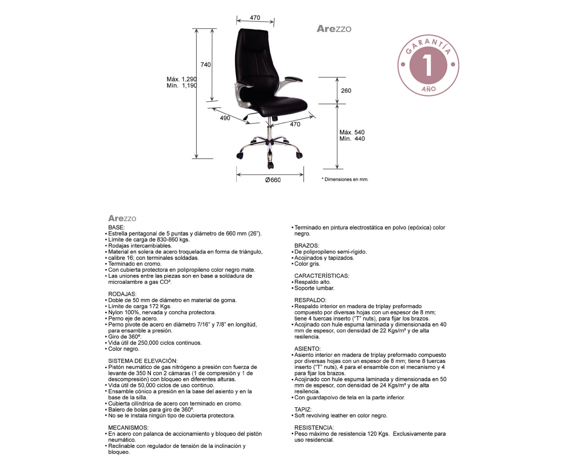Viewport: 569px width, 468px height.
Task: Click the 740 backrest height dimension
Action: pyautogui.click(x=205, y=65)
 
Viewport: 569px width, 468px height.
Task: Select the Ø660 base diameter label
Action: pyautogui.click(x=273, y=180)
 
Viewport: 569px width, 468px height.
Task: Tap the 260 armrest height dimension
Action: pyautogui.click(x=346, y=91)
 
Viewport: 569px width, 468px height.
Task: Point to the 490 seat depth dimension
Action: pyautogui.click(x=225, y=118)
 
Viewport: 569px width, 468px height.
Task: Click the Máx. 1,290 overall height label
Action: pyautogui.click(x=181, y=79)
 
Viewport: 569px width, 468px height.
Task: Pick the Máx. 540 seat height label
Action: pyautogui.click(x=352, y=132)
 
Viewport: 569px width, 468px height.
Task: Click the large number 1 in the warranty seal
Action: pyautogui.click(x=428, y=65)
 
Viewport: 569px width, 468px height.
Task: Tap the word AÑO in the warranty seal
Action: pyautogui.click(x=429, y=89)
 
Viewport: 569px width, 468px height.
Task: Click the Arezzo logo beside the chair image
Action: pyautogui.click(x=334, y=29)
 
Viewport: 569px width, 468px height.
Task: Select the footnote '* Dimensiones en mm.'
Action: pyautogui.click(x=345, y=179)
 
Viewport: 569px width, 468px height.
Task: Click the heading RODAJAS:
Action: pyautogui.click(x=122, y=294)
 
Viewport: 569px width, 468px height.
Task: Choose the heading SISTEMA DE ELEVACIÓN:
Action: pyautogui.click(x=143, y=361)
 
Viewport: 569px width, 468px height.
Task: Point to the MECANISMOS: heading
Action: pyautogui.click(x=128, y=428)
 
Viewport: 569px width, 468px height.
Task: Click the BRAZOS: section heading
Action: pyautogui.click(x=306, y=246)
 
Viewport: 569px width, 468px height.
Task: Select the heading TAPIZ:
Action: pyautogui.click(x=303, y=410)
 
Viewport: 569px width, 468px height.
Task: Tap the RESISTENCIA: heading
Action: pyautogui.click(x=314, y=428)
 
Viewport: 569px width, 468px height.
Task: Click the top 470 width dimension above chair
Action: pyautogui.click(x=255, y=18)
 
